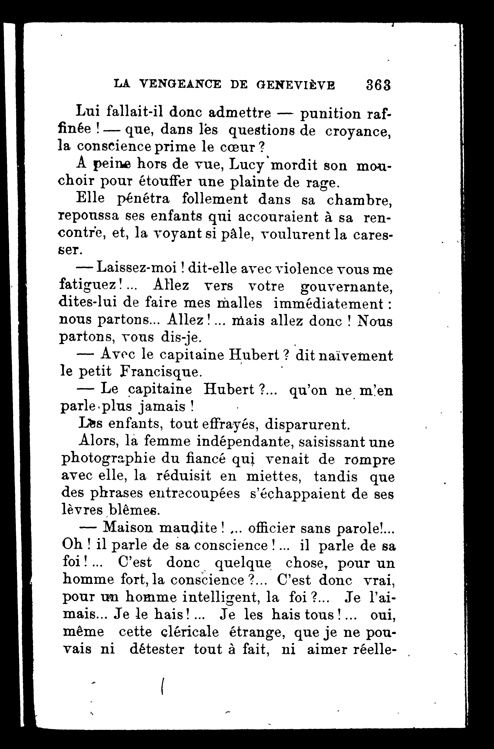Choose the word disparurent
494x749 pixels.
(x=307, y=424)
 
